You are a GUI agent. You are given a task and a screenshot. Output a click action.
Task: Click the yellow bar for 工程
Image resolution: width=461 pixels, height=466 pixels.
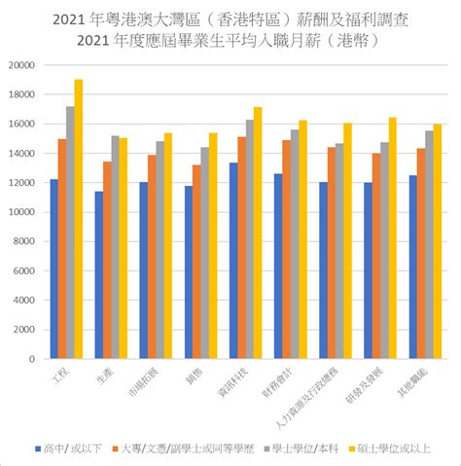pos(79,219)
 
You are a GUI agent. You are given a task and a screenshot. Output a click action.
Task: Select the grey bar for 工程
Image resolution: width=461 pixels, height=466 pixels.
pos(70,233)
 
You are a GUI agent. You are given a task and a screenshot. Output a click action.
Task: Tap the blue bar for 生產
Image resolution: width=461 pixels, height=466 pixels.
pos(98,275)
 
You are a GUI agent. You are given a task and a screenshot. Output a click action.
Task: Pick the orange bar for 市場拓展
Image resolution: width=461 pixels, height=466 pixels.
pos(152,257)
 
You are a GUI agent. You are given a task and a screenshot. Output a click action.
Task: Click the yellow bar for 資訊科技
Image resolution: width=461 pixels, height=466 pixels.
pos(258,233)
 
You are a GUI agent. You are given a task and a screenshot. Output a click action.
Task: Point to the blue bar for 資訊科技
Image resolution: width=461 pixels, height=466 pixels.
pos(232,261)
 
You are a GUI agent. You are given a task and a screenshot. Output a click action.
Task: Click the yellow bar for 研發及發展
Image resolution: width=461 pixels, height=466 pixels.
pos(393,238)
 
